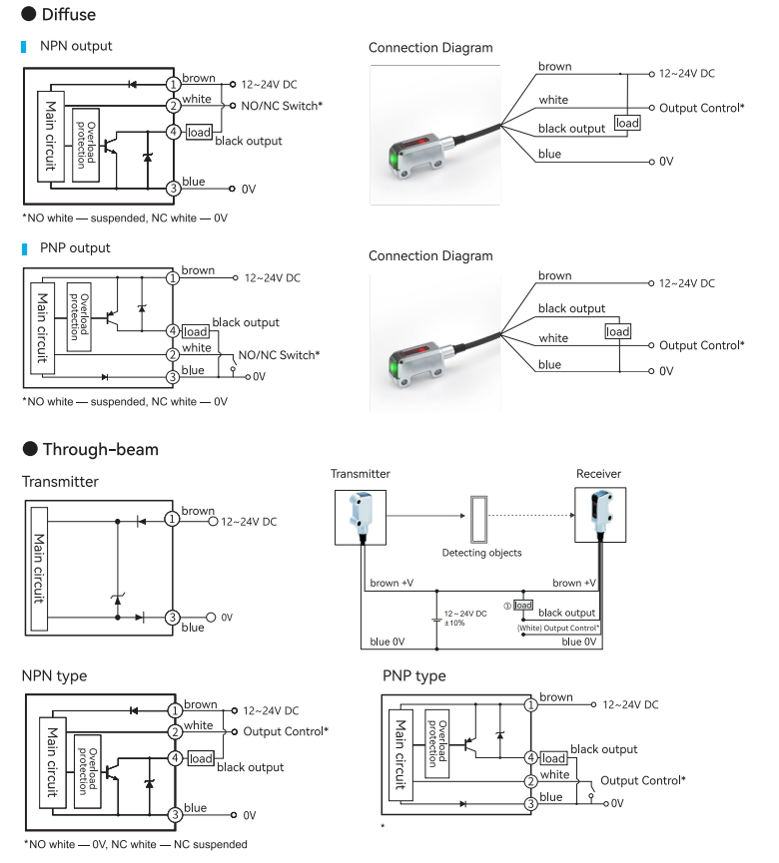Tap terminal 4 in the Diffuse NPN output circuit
(173, 132)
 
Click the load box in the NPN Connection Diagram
(627, 123)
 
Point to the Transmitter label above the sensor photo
(361, 474)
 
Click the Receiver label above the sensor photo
(599, 474)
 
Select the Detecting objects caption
(481, 553)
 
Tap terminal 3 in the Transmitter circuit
(173, 618)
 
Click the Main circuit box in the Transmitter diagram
(40, 569)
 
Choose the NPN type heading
(55, 676)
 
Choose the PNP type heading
(414, 676)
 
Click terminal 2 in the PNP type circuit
(530, 781)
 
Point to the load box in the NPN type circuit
(202, 758)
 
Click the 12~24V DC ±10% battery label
(465, 618)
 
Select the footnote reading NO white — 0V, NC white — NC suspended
(135, 844)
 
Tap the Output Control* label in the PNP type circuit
(643, 780)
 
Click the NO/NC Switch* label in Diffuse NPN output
(282, 106)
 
